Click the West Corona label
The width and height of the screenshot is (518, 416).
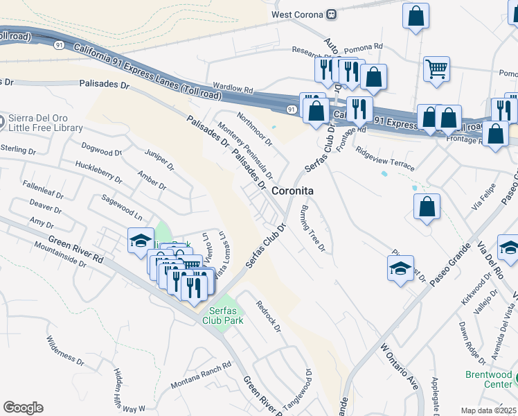[298, 13]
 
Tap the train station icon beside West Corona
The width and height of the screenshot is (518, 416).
[332, 13]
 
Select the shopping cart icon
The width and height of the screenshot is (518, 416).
[437, 69]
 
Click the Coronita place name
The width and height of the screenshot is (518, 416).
[293, 191]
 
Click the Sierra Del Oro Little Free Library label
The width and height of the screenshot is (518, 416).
[46, 123]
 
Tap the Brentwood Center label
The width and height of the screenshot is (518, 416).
[488, 379]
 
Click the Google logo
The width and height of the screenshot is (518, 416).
[23, 408]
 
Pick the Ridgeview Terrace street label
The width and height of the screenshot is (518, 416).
[384, 159]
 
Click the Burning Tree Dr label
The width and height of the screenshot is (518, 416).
[312, 229]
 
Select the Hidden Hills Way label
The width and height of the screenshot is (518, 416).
[123, 393]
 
